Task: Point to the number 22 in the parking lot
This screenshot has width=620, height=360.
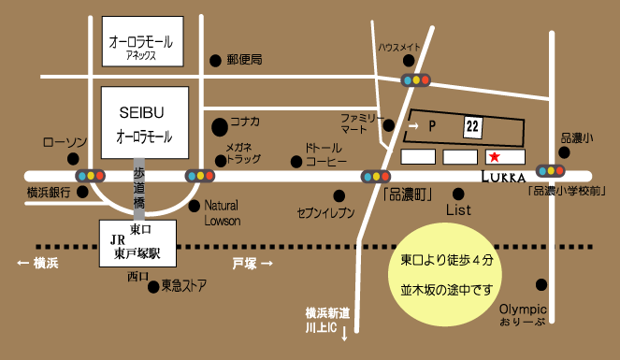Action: (471, 124)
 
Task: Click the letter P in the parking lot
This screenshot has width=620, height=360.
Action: (432, 124)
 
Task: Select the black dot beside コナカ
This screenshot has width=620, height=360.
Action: (219, 123)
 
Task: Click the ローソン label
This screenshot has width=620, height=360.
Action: (65, 142)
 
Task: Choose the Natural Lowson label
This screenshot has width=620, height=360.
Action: (223, 212)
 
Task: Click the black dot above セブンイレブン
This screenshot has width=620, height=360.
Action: (339, 195)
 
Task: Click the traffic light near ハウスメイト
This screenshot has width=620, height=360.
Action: (415, 80)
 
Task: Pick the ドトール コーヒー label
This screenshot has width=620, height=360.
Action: (326, 154)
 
